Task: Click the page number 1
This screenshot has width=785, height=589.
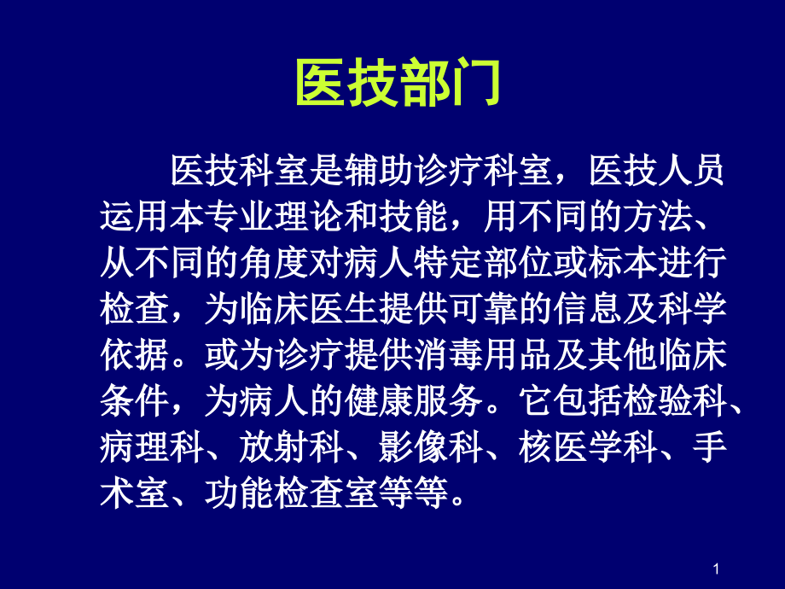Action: click(718, 569)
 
